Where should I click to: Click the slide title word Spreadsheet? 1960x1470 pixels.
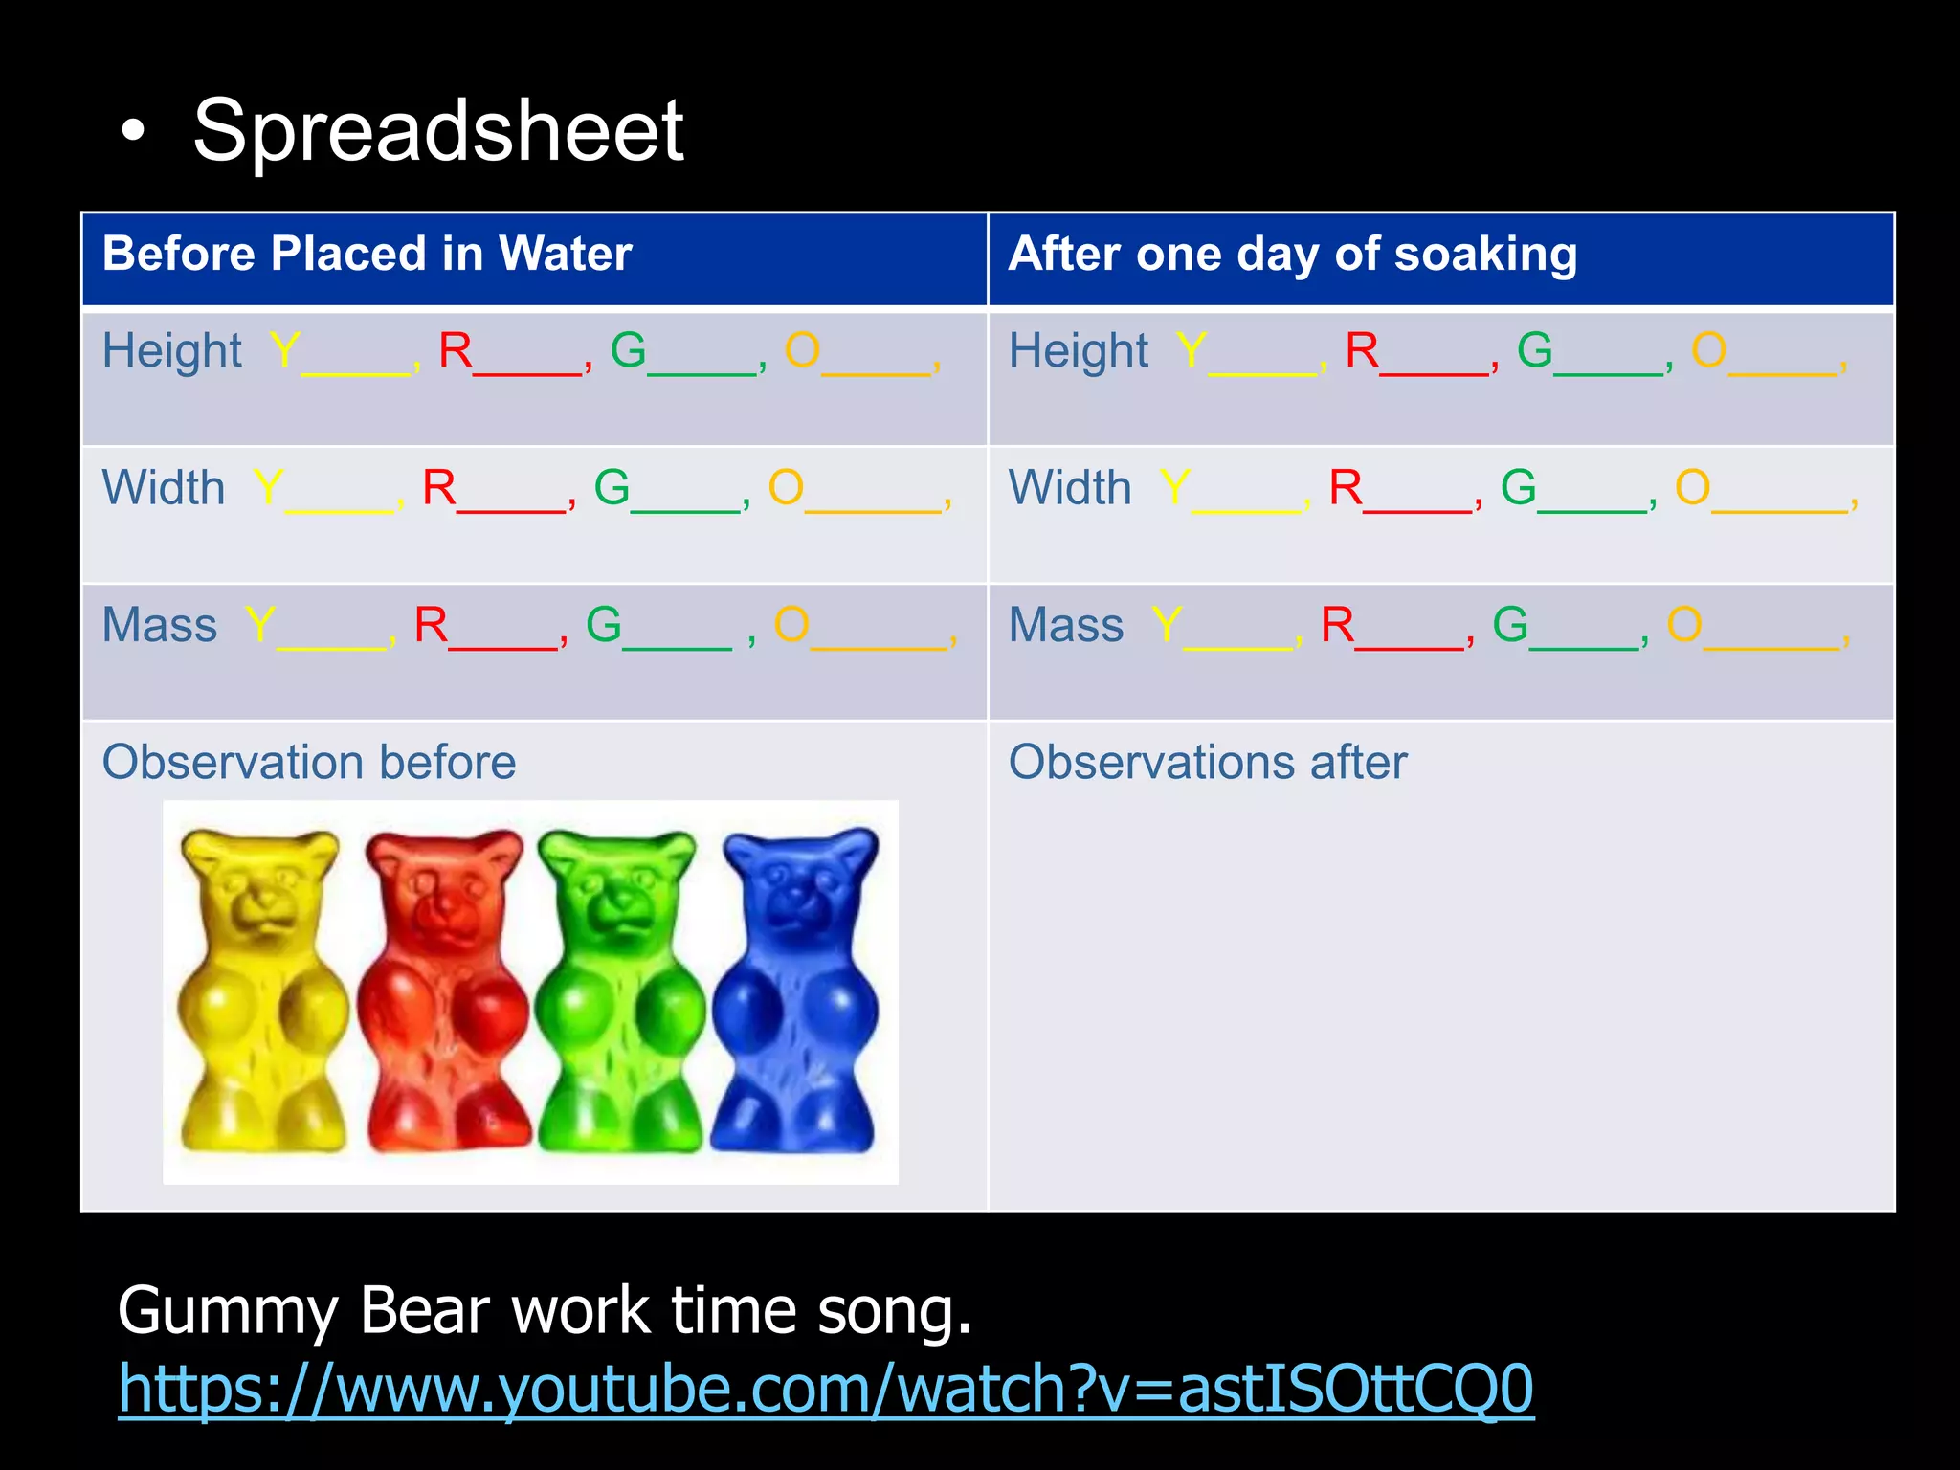(x=437, y=131)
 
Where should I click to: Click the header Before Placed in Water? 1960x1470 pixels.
(x=367, y=255)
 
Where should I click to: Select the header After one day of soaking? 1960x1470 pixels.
(x=1292, y=255)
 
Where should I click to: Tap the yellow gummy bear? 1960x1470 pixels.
(x=261, y=991)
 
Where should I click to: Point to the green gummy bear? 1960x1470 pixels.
(x=619, y=991)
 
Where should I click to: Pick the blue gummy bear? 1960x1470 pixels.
(x=799, y=991)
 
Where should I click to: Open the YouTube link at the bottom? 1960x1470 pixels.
(x=825, y=1389)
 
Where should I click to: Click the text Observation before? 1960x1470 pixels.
(x=309, y=763)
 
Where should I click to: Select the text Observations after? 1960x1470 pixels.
(x=1208, y=763)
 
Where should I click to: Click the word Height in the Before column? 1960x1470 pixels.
(x=172, y=350)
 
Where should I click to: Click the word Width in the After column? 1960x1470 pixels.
(x=1070, y=488)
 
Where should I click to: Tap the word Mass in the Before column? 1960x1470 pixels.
(x=160, y=626)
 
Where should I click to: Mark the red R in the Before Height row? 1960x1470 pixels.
(x=456, y=350)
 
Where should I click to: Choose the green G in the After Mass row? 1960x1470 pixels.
(x=1510, y=626)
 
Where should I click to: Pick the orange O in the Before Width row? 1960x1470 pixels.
(x=786, y=488)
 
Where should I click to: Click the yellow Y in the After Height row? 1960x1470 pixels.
(x=1191, y=350)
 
